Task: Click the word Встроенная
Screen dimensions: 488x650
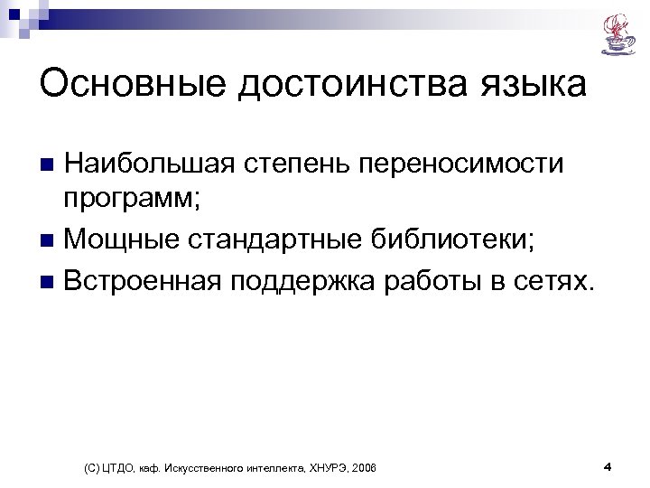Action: [x=148, y=280]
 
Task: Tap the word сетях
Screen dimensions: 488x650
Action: [x=559, y=280]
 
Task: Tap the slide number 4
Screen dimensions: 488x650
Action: [x=607, y=466]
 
